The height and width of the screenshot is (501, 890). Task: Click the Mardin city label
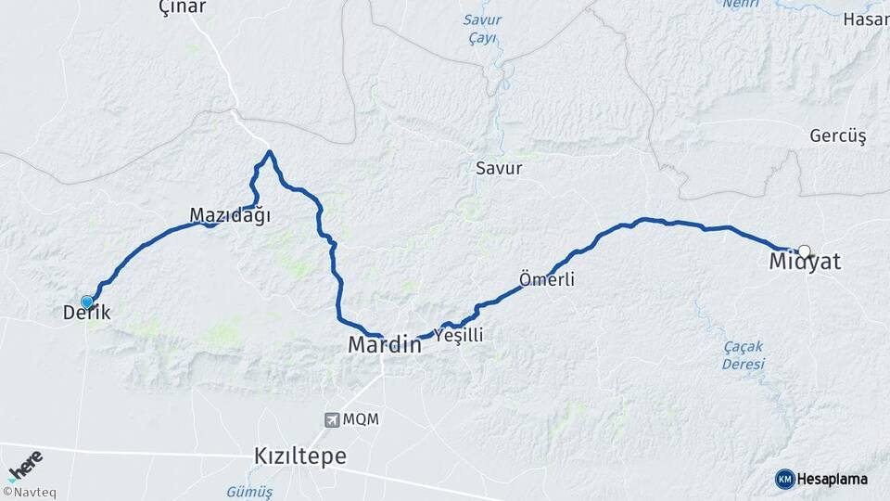coord(384,345)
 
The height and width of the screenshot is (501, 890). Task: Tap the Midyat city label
coord(805,263)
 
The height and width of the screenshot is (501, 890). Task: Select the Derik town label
coord(86,314)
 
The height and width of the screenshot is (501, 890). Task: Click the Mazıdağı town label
coord(230,215)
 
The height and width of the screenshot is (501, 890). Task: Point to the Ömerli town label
coord(547,279)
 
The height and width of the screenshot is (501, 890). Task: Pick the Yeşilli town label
coord(459,336)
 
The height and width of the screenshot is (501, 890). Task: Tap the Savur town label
coord(499,169)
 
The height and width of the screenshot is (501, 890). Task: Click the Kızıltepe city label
coord(300,456)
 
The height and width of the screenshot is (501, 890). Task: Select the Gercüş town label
coord(838,136)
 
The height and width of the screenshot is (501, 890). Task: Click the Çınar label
coord(183,7)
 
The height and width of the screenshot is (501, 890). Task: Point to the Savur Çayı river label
coord(482,29)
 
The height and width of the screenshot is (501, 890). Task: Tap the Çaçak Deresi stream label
coord(744,355)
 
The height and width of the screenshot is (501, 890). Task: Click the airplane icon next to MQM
coord(331,419)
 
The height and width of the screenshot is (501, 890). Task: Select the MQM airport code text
coord(361,419)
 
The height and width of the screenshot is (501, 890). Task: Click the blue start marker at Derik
coord(87,302)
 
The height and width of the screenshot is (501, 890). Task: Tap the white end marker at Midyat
coord(804,250)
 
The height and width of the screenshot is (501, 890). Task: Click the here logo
coord(24,465)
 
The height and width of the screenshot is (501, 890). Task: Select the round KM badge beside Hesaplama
coord(784,479)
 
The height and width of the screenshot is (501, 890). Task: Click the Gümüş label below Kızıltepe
coord(249,492)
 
